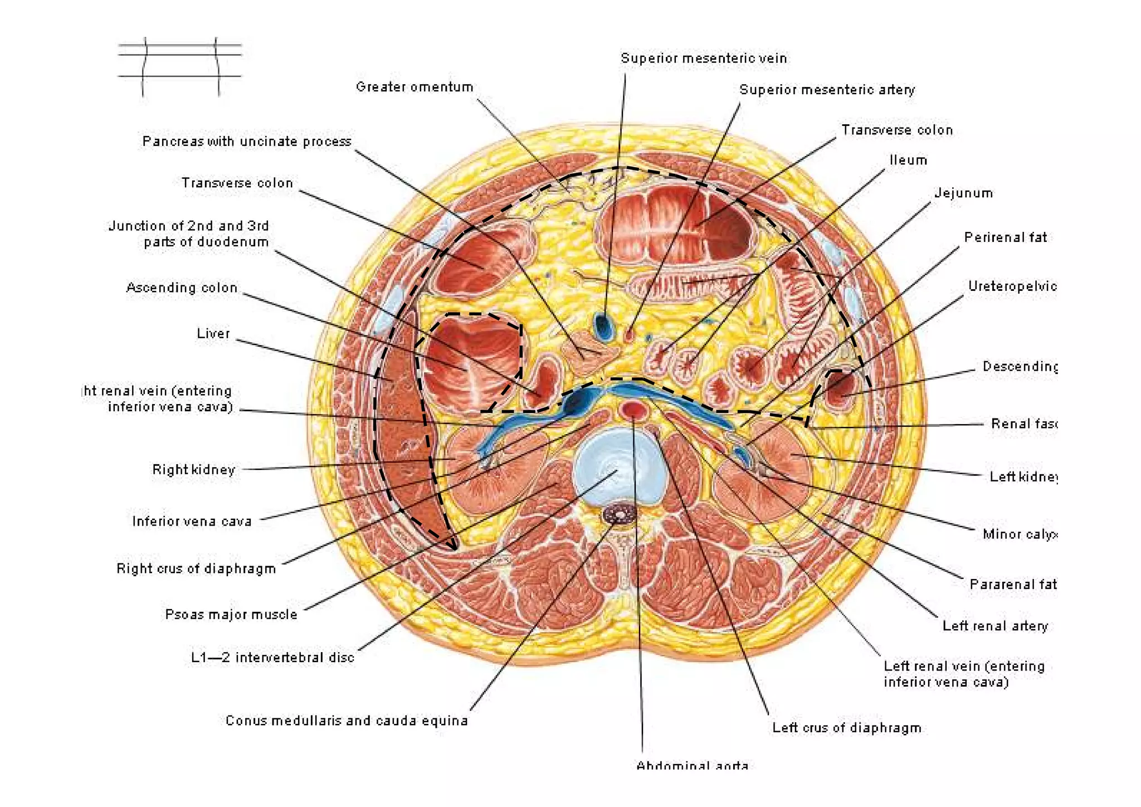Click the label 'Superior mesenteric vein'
(x=704, y=59)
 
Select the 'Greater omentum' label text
(x=415, y=87)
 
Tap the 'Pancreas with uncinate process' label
(x=247, y=142)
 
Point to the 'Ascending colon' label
(x=182, y=288)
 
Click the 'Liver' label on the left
(x=213, y=334)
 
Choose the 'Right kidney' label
(x=193, y=470)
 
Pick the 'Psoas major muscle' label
(x=231, y=615)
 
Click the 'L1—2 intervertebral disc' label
(x=272, y=658)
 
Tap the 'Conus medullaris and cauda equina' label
(x=347, y=721)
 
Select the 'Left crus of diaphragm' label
(x=846, y=728)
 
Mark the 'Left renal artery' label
(x=994, y=626)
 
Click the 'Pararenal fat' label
(x=1013, y=585)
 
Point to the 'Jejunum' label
(x=963, y=193)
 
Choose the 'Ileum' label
(x=908, y=161)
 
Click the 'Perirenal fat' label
(x=1006, y=238)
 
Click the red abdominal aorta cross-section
(x=633, y=410)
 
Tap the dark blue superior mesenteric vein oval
(x=603, y=326)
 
